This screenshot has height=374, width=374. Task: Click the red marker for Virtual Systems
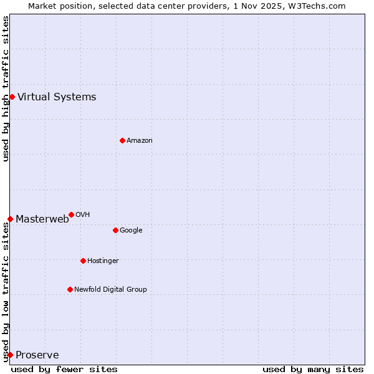(12, 97)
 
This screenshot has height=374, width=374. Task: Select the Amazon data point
(122, 140)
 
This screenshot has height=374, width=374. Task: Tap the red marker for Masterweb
(10, 219)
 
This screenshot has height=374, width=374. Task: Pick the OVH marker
(71, 214)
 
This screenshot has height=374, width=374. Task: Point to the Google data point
(115, 230)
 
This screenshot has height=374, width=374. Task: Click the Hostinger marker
(83, 261)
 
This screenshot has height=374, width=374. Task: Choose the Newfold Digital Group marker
(70, 289)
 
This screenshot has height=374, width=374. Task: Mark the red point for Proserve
(10, 355)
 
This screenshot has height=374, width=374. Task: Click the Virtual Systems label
(57, 97)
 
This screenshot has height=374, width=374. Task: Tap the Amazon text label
(140, 140)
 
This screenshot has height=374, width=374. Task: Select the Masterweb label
(42, 219)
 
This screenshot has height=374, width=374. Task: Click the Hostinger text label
(103, 261)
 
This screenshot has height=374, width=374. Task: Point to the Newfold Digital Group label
(110, 289)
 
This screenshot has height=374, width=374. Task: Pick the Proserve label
(37, 355)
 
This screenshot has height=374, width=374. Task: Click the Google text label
(131, 230)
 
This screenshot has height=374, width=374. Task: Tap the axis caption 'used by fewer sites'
(64, 369)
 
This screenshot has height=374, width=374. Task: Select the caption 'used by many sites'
(313, 369)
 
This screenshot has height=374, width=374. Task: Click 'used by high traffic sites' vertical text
(6, 89)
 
